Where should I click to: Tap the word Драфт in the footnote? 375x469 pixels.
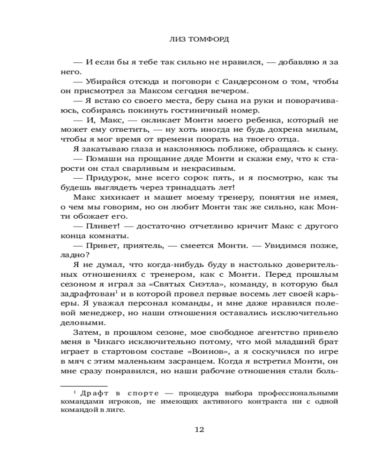coord(92,393)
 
